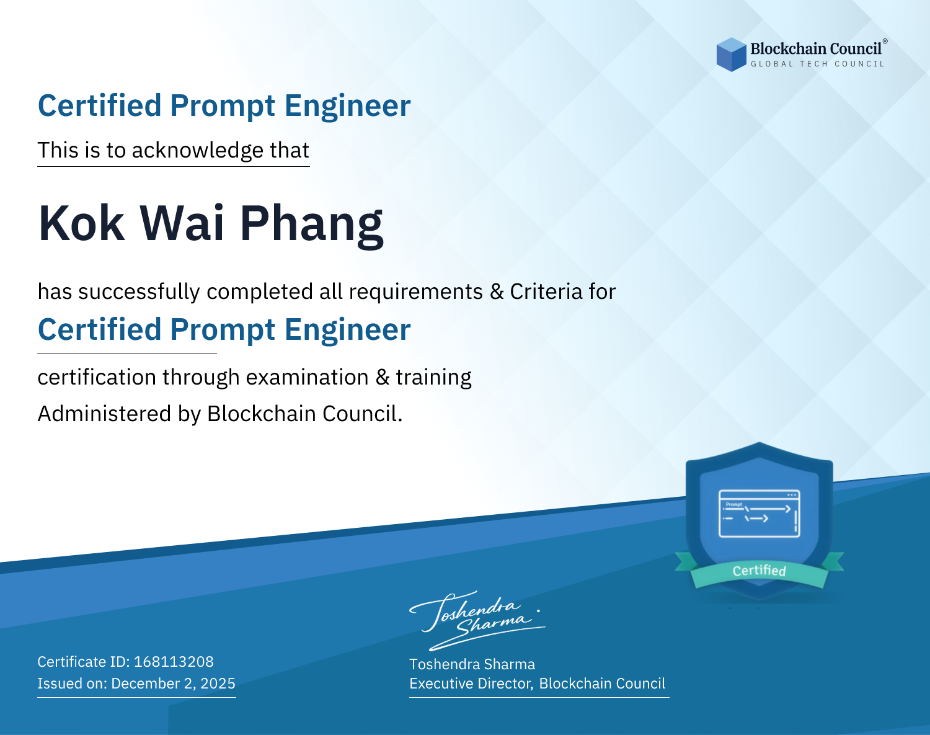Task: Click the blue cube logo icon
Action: [731, 55]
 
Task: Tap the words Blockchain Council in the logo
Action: [816, 49]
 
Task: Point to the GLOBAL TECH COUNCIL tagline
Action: [818, 64]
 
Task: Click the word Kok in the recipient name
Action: [81, 223]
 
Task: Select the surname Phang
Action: [312, 226]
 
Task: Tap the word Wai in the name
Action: [182, 223]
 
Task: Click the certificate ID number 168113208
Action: [174, 661]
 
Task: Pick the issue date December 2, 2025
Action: [174, 684]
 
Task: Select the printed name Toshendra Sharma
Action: [472, 664]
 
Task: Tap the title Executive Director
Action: [470, 684]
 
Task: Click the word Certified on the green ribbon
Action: [759, 571]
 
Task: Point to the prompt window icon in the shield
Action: [759, 514]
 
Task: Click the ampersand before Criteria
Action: [496, 292]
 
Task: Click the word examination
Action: [308, 377]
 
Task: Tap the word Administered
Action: [105, 414]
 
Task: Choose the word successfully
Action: [139, 292]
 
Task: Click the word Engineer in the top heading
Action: [347, 105]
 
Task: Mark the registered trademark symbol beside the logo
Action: [885, 41]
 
